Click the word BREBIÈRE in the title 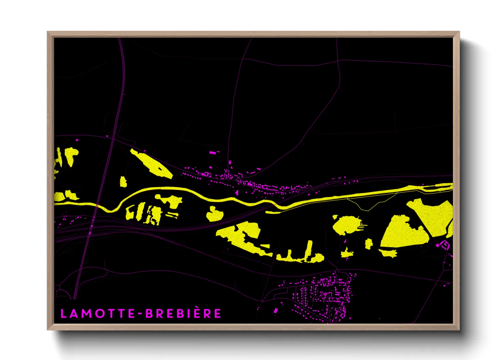point(183,313)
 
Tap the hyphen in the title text point(140,314)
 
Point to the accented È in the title point(198,313)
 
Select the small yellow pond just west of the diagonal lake point(123,182)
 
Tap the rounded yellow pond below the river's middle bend point(214,214)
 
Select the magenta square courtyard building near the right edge point(445,244)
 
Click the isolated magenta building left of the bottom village point(275,311)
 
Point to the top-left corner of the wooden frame point(48,32)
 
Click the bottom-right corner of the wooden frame point(459,329)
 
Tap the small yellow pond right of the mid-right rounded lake point(368,244)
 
